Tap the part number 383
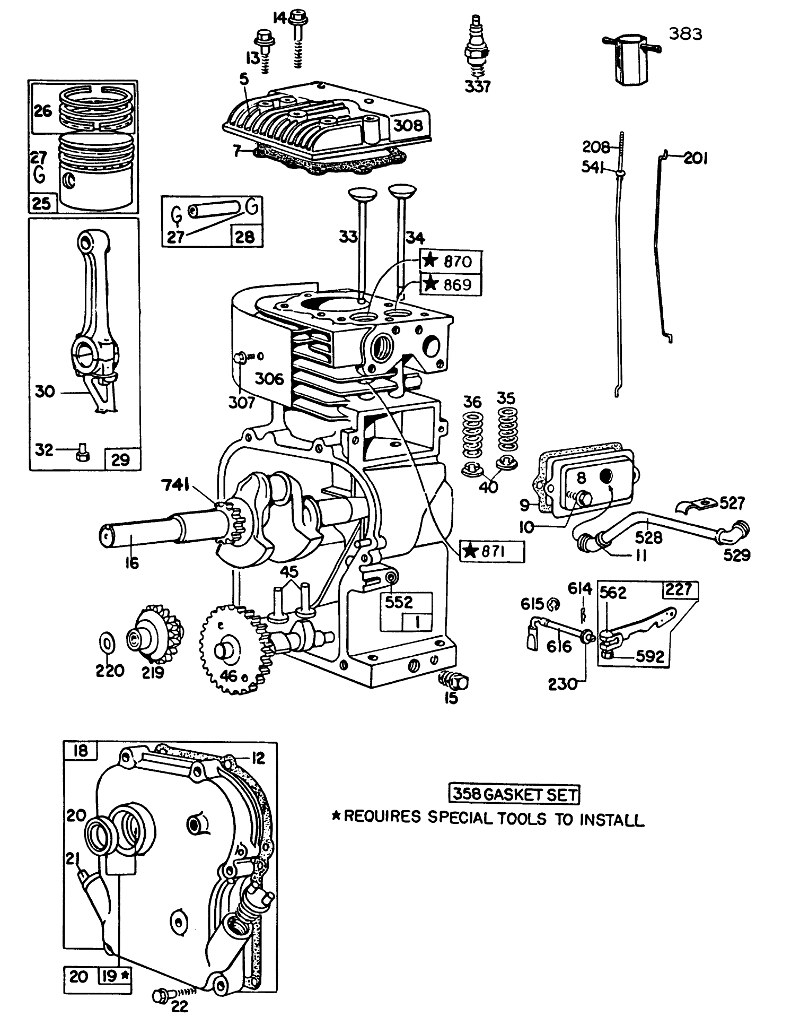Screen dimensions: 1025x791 tap(685, 34)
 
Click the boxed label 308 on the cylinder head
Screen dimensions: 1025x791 tap(409, 125)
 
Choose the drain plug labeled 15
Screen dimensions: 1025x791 tap(454, 680)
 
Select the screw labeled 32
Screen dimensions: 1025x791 tap(82, 454)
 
